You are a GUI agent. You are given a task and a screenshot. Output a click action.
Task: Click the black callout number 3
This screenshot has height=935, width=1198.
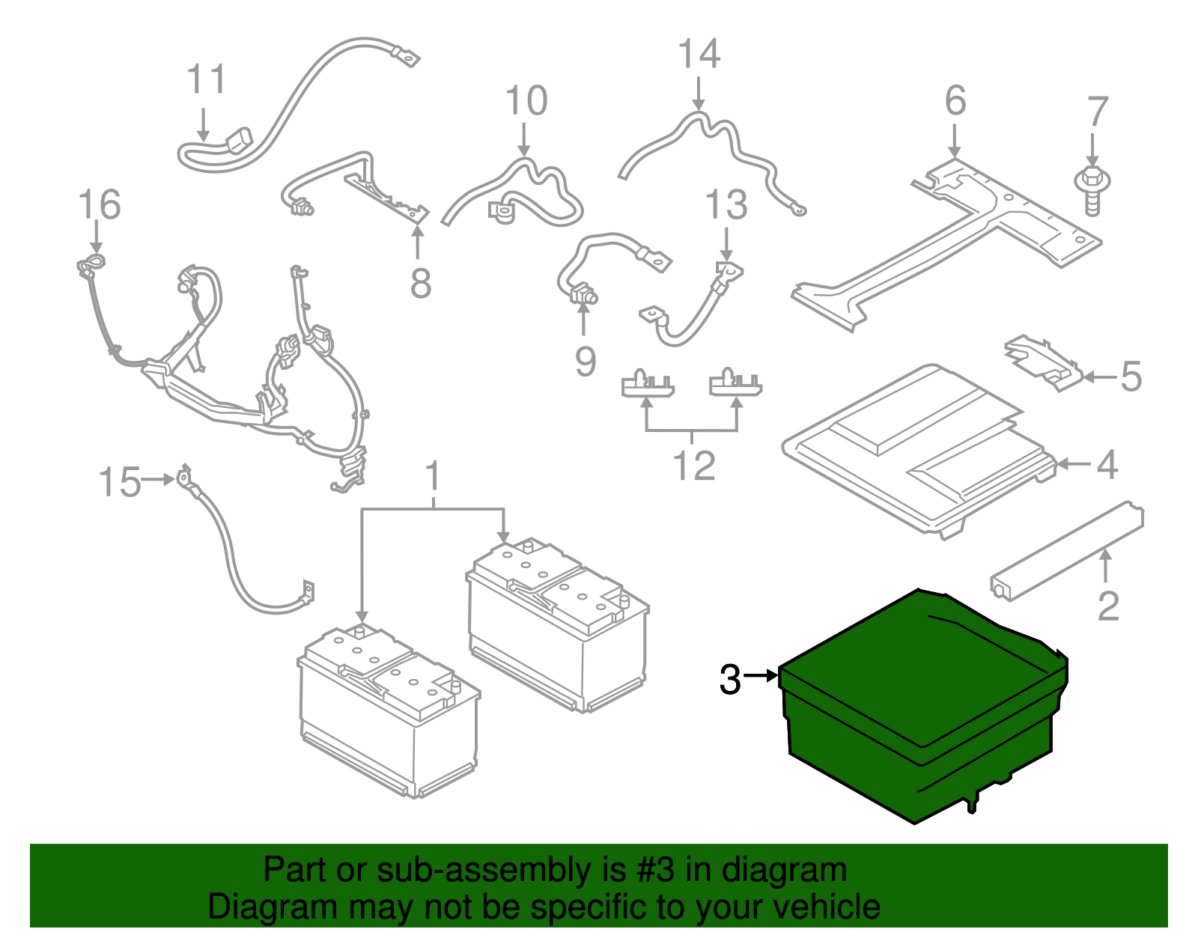pos(729,679)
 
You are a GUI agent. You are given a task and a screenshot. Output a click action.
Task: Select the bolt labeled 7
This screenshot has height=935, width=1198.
pos(1092,190)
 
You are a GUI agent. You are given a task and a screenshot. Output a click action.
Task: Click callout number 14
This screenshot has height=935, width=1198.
pos(699,55)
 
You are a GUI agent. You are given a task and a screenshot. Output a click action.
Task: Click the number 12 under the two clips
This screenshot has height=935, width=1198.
pos(694,466)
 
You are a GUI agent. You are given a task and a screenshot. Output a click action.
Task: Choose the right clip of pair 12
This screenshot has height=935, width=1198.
pos(735,383)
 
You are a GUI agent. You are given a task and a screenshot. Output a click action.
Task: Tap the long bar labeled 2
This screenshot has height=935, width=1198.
pos(1067,552)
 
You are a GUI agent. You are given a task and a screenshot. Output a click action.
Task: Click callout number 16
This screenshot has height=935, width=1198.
pos(99,205)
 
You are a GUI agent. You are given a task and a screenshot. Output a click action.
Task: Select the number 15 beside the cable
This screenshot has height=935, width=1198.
pos(120,482)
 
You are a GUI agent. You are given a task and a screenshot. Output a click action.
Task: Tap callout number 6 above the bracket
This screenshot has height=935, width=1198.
pos(955,100)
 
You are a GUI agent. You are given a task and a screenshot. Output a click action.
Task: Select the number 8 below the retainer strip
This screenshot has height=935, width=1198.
pos(421,284)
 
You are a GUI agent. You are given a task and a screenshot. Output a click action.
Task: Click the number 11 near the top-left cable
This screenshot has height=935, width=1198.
pos(205,79)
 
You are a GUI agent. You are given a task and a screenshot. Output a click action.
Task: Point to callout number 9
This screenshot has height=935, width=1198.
pos(586,361)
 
